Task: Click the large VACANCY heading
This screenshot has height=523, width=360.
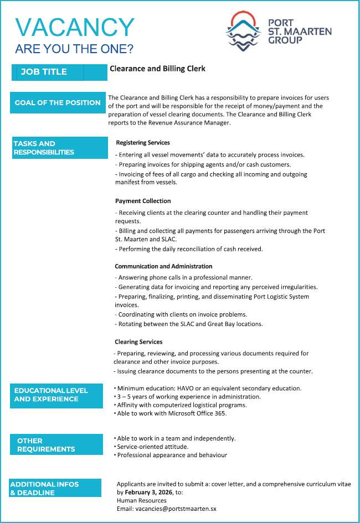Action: tap(75, 28)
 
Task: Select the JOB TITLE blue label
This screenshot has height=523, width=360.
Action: tap(44, 72)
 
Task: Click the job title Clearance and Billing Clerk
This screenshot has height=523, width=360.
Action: tap(157, 69)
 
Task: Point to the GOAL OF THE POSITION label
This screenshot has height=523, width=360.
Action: tap(58, 102)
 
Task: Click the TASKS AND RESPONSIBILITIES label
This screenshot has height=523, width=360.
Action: tap(44, 148)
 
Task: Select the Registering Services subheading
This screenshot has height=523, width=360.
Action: tap(143, 143)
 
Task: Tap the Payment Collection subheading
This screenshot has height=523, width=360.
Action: tap(143, 201)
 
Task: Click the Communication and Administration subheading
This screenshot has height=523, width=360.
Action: tap(163, 266)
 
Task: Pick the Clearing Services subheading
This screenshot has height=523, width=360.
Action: tap(138, 341)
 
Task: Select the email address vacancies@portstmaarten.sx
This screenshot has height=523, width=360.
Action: tap(177, 508)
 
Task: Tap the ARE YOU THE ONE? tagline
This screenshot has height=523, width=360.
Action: tap(74, 49)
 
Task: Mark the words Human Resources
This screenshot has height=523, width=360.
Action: tap(141, 500)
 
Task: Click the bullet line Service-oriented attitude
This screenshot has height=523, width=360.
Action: tap(152, 447)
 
